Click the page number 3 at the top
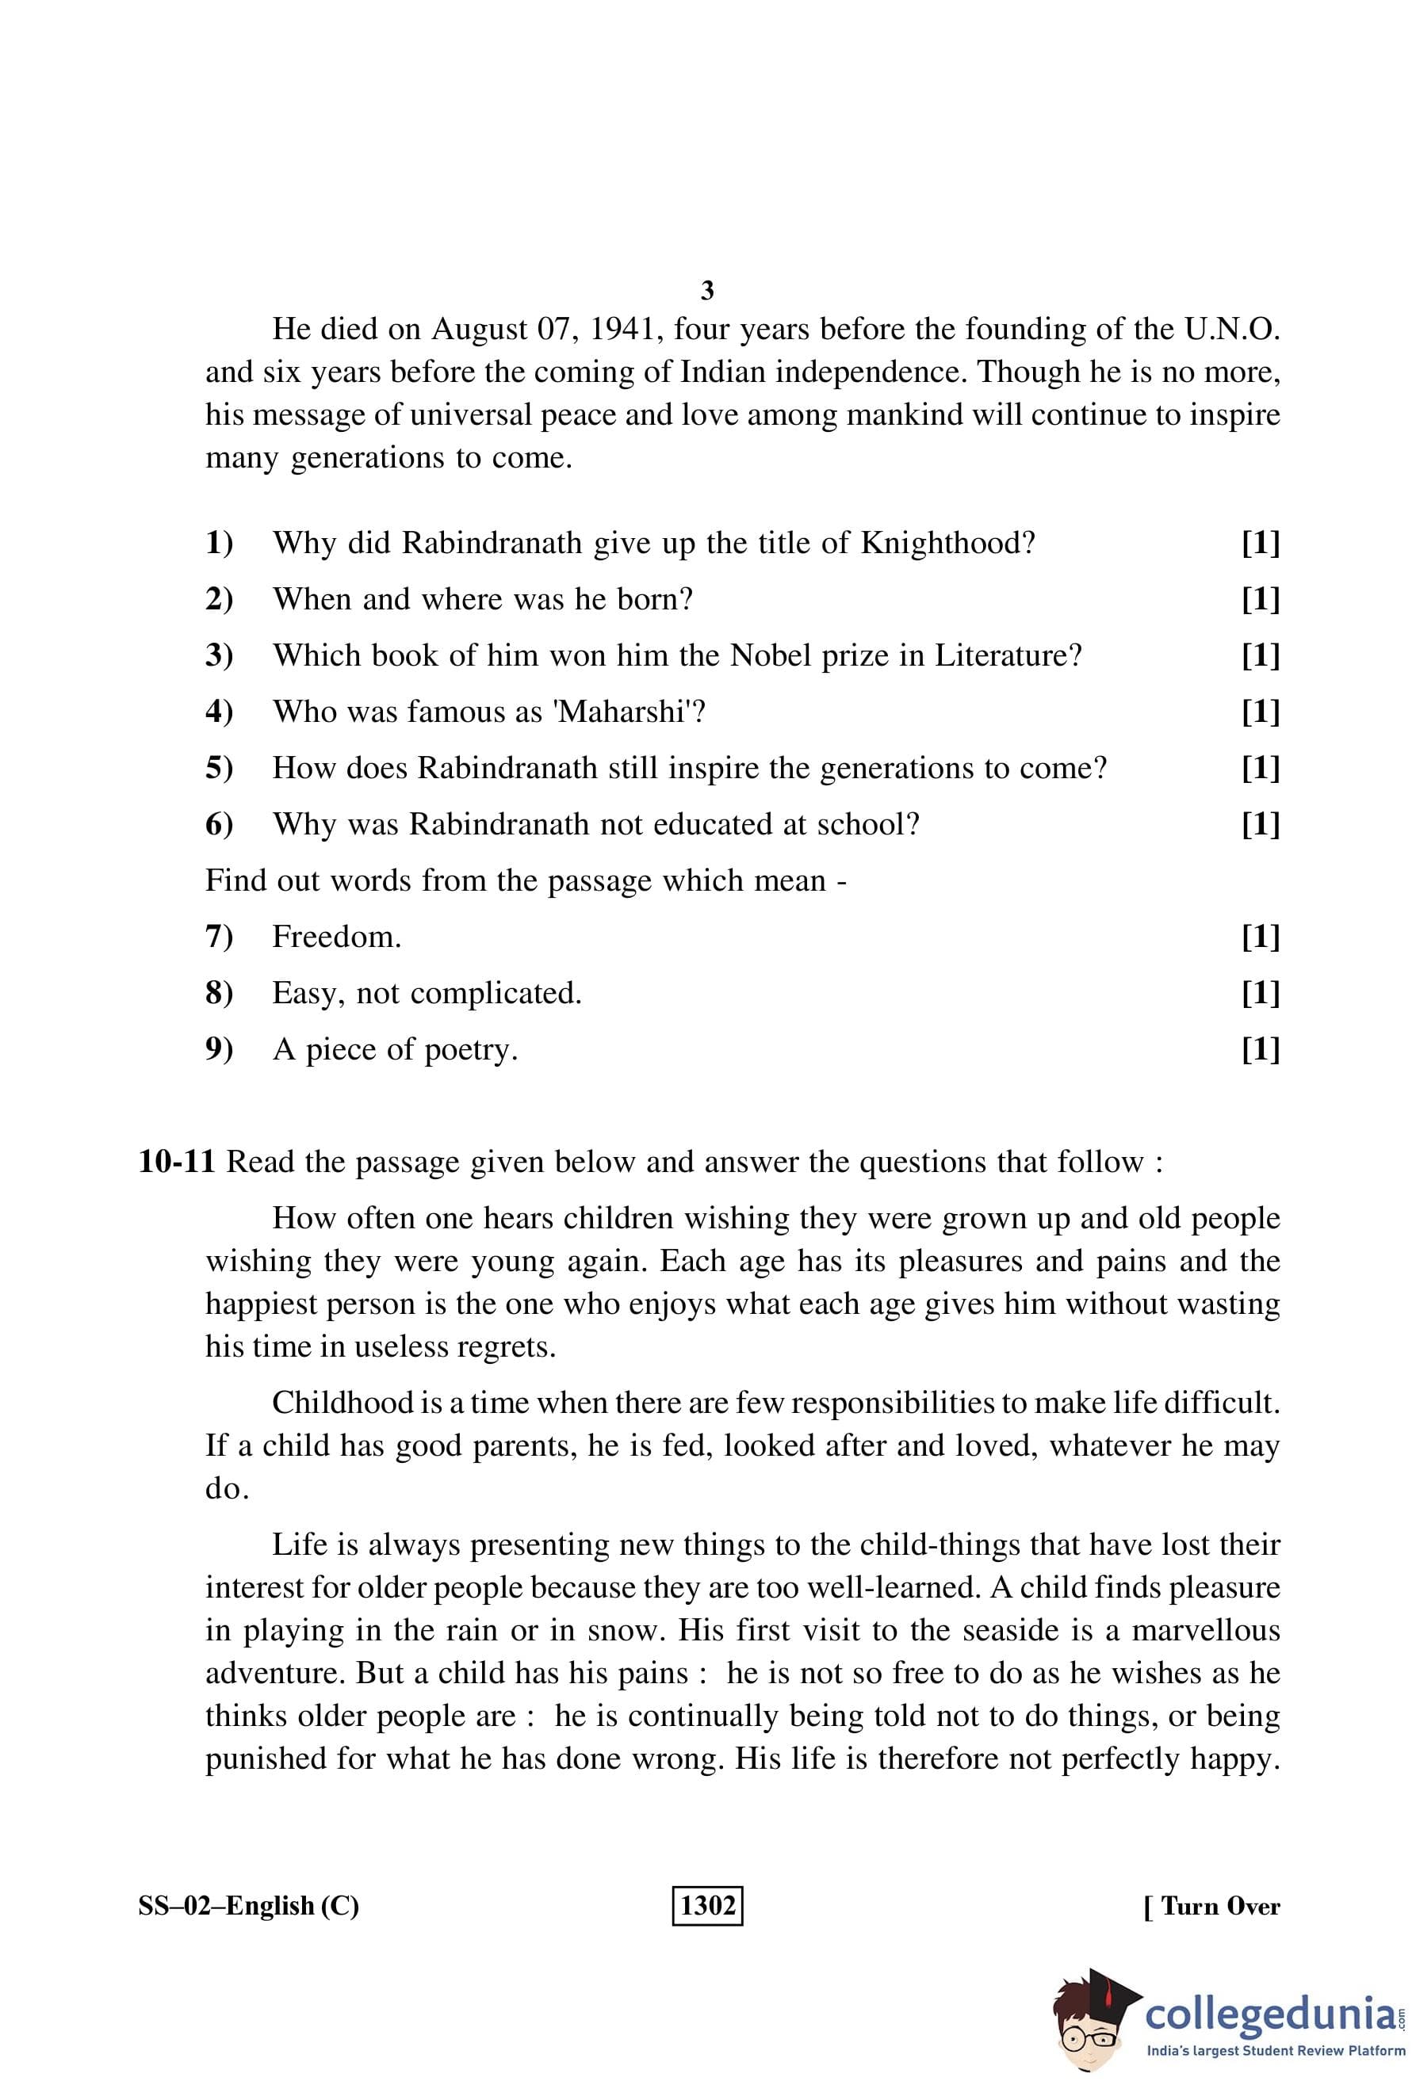coord(706,290)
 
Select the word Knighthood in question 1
coord(947,543)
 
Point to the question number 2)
coord(219,599)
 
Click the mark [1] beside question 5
coord(1260,767)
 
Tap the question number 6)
coord(219,824)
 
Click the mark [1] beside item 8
coord(1260,992)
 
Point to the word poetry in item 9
coord(470,1049)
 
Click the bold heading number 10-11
coord(177,1162)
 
